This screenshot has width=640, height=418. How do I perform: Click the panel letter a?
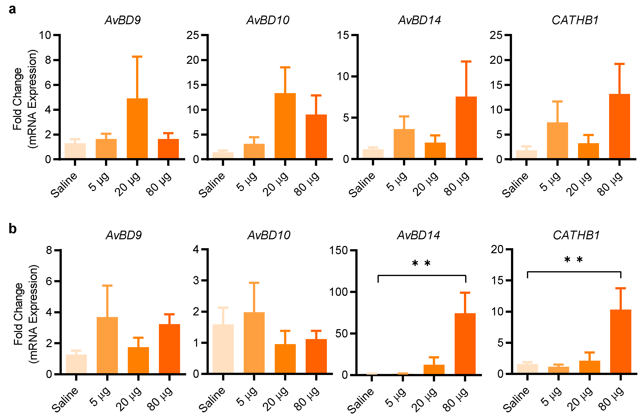(x=12, y=9)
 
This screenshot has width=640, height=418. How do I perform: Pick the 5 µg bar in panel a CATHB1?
(x=557, y=140)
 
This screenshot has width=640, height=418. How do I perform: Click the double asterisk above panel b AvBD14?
(x=421, y=263)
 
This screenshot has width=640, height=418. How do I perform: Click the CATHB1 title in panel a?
(x=575, y=20)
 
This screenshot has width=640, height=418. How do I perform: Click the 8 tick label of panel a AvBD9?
(x=48, y=60)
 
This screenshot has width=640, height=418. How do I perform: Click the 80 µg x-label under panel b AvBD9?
(x=160, y=399)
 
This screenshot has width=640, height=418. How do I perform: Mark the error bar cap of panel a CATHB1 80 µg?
(x=619, y=64)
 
